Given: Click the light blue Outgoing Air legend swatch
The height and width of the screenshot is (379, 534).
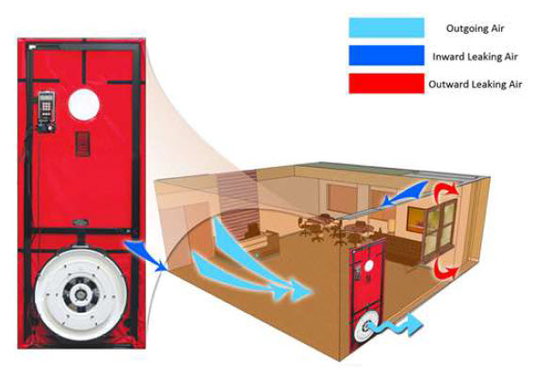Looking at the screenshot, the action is pyautogui.click(x=386, y=27).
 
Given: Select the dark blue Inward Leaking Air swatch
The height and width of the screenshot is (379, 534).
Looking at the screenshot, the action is pyautogui.click(x=386, y=56).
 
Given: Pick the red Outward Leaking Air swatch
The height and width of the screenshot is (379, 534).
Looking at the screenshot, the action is pyautogui.click(x=386, y=83).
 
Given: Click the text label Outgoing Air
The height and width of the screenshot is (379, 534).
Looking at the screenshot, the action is pyautogui.click(x=475, y=28).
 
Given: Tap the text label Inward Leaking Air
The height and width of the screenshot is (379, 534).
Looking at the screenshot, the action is pyautogui.click(x=475, y=57).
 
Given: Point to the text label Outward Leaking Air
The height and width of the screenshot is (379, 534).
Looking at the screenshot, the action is pyautogui.click(x=475, y=84).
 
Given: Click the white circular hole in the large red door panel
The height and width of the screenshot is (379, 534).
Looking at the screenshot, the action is pyautogui.click(x=84, y=105).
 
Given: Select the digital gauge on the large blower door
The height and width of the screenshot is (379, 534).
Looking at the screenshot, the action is pyautogui.click(x=46, y=111).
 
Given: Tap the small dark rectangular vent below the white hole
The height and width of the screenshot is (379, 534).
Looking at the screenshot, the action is pyautogui.click(x=83, y=144).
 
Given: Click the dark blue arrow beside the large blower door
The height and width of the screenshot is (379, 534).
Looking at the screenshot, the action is pyautogui.click(x=146, y=255).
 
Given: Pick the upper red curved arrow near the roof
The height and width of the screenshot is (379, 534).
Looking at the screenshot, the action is pyautogui.click(x=445, y=193).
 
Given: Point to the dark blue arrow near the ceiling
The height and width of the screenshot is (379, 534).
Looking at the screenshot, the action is pyautogui.click(x=404, y=195).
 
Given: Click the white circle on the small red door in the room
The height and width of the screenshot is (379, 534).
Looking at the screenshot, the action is pyautogui.click(x=368, y=265).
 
